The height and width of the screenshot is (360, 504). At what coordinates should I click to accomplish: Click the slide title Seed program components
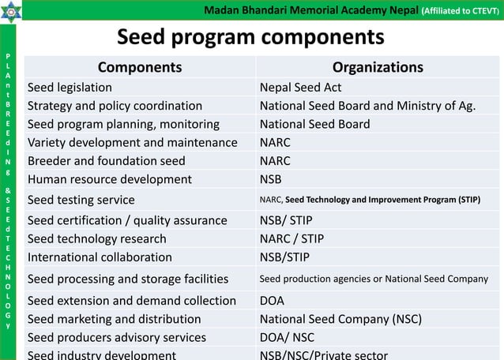(x=250, y=37)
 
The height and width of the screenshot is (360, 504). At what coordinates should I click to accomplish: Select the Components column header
(x=139, y=67)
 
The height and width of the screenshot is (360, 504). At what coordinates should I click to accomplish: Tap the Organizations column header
(x=378, y=67)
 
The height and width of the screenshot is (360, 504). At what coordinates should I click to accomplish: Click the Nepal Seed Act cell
(x=300, y=87)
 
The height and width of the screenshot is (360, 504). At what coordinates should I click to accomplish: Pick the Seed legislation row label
(x=70, y=87)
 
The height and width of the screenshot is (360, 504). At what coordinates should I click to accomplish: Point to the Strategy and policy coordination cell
(x=115, y=106)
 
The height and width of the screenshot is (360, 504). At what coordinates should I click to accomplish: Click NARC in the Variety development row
(x=275, y=142)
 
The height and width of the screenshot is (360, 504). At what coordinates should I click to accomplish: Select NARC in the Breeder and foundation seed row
(x=275, y=160)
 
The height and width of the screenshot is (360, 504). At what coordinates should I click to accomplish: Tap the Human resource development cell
(x=109, y=179)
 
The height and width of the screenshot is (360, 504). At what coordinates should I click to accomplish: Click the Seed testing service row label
(x=81, y=200)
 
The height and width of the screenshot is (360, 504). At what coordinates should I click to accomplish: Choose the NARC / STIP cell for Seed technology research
(x=291, y=238)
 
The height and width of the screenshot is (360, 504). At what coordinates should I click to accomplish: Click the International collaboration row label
(x=100, y=257)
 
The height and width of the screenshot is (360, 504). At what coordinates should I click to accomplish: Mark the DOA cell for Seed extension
(x=272, y=300)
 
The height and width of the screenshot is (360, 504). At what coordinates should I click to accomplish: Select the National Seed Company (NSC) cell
(x=340, y=319)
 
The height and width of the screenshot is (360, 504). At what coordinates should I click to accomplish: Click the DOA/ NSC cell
(x=288, y=337)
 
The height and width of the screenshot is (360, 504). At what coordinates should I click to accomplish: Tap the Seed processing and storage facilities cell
(x=128, y=279)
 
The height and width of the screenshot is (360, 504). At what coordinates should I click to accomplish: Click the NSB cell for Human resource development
(x=271, y=179)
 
